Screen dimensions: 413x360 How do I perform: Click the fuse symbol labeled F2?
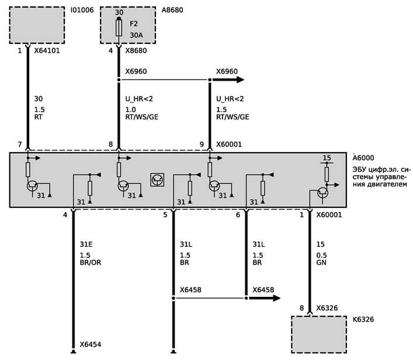click(119, 27)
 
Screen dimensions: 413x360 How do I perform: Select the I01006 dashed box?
click(37, 25)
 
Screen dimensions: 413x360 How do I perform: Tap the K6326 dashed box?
click(319, 334)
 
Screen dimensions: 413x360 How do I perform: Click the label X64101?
click(47, 51)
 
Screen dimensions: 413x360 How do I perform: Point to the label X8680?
click(136, 51)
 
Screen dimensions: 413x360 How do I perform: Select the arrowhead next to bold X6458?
click(276, 298)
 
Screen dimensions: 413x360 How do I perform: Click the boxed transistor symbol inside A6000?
click(157, 180)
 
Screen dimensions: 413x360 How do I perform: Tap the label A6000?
click(363, 158)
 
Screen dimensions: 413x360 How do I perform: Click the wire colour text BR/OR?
click(91, 262)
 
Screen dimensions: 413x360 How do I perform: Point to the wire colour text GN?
click(321, 262)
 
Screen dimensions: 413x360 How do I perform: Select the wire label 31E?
click(86, 244)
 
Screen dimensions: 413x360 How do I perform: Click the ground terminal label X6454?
click(91, 344)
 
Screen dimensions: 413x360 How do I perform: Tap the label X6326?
click(327, 308)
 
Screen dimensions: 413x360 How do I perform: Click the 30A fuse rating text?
click(136, 35)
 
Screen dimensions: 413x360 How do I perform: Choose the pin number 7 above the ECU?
click(20, 144)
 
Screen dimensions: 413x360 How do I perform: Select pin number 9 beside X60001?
click(202, 144)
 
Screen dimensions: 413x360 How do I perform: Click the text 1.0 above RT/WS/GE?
click(130, 110)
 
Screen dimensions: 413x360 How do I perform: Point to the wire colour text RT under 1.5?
click(38, 117)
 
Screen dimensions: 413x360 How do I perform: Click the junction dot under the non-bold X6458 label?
click(173, 298)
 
